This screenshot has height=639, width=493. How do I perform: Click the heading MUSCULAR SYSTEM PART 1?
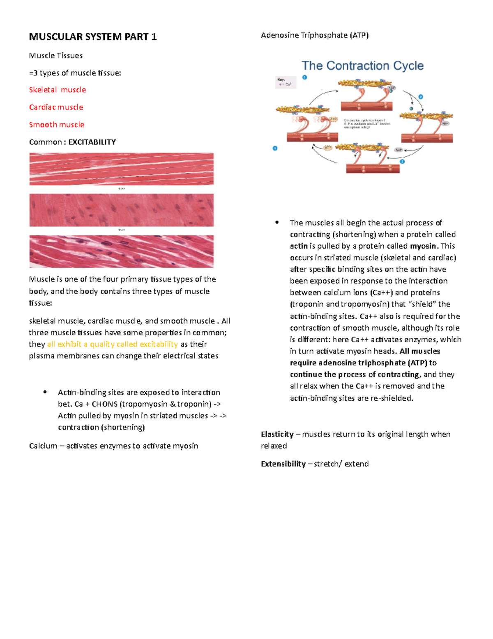pos(92,37)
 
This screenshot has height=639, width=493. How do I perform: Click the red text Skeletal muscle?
pos(58,90)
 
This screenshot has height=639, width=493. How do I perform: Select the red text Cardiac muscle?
pos(56,107)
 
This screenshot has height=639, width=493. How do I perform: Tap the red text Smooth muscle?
pos(57,124)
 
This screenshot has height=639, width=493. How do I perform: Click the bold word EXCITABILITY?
pos(92,142)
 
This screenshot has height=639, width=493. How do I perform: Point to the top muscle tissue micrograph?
pos(121,169)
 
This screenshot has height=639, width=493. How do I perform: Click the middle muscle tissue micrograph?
pos(121,210)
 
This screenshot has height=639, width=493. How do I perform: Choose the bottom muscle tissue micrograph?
pos(121,251)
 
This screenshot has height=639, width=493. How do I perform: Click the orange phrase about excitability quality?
pos(112,344)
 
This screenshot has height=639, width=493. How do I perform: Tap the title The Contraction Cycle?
pos(362,66)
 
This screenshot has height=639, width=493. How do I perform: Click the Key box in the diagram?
pos(285,82)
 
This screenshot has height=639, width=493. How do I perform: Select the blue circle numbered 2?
pos(421,97)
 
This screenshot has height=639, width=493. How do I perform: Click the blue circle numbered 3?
pos(402,162)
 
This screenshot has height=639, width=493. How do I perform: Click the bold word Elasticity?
pos(277,434)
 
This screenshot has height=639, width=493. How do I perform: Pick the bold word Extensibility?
pos(283,464)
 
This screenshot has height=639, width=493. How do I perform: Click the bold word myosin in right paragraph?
pos(423,246)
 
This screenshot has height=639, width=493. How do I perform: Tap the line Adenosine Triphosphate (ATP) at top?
pos(314,35)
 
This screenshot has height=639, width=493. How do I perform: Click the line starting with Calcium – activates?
pos(113,446)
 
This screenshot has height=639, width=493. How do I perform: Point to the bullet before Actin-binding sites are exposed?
pos(45,392)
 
